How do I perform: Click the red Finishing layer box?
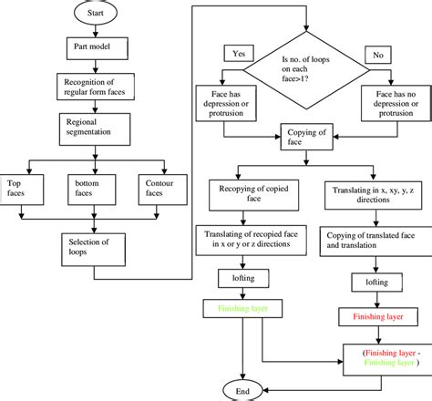point(371,318)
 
